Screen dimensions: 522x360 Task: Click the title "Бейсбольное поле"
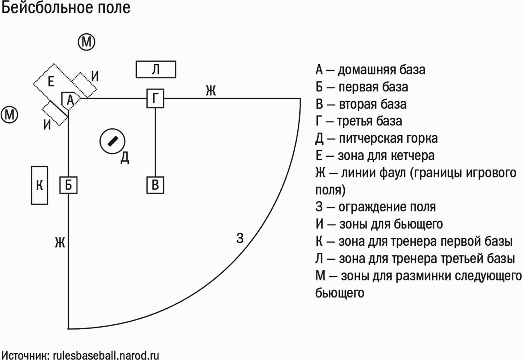(66, 8)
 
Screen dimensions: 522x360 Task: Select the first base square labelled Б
(68, 185)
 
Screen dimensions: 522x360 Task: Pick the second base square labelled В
(155, 185)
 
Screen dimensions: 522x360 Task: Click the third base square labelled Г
(155, 98)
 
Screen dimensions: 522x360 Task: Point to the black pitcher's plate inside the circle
(113, 141)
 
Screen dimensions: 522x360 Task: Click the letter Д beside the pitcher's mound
(125, 158)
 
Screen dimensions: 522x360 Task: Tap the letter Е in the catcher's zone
(51, 82)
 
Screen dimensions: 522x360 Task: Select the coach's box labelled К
(39, 185)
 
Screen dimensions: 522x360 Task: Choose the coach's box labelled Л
(156, 69)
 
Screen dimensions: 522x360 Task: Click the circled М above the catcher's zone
(86, 42)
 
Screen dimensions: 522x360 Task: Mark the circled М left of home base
(10, 115)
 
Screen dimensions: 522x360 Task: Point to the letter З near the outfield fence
(240, 238)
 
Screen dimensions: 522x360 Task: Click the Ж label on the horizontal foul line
(211, 90)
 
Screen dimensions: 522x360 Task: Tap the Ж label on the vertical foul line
(60, 242)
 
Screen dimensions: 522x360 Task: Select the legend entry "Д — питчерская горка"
(377, 139)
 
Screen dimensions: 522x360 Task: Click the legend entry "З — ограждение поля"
(376, 207)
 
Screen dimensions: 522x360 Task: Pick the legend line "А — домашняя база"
(370, 70)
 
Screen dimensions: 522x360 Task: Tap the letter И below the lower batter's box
(47, 125)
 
